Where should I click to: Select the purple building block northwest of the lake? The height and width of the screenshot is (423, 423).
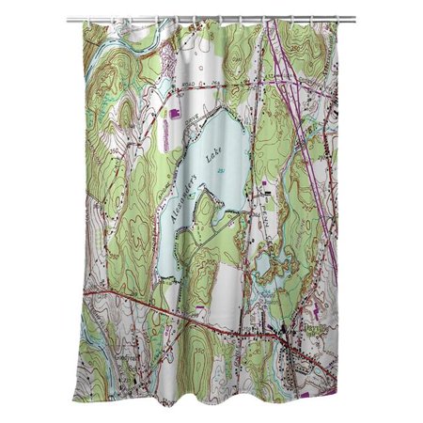tap(172, 114)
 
